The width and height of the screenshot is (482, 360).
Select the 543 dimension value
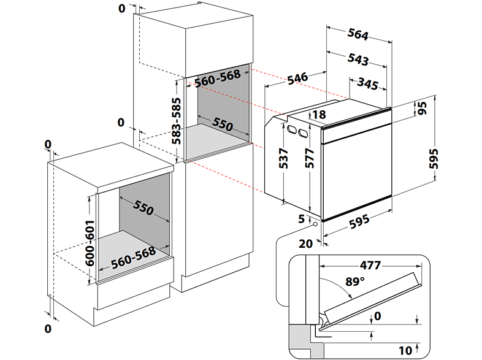click(358, 59)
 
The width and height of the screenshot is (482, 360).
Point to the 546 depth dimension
click(297, 78)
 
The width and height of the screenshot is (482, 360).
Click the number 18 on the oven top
click(318, 115)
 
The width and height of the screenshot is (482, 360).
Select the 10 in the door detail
click(405, 351)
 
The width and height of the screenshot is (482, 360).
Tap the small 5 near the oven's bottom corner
click(302, 219)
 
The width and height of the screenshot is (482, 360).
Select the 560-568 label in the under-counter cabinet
click(132, 260)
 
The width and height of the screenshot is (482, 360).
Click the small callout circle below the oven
click(315, 224)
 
